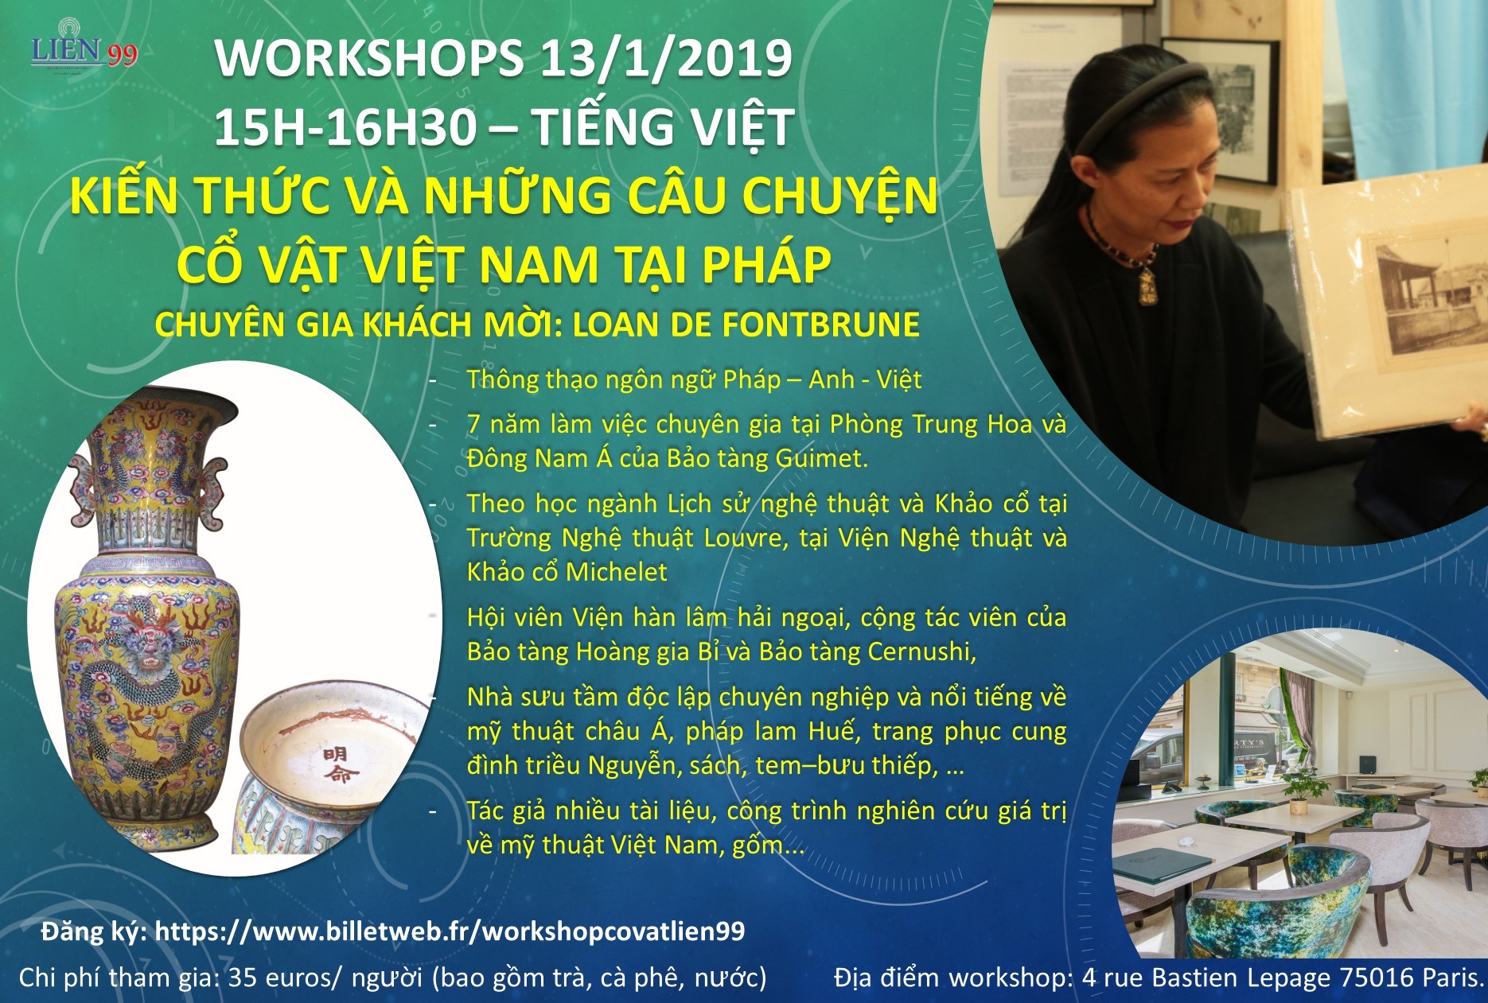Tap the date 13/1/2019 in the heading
665,58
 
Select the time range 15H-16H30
345,127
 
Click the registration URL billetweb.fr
450,931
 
